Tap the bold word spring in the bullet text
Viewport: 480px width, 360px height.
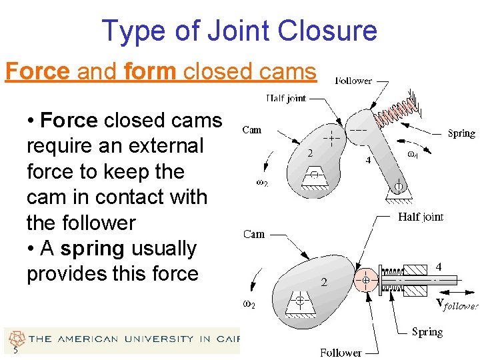point(92,249)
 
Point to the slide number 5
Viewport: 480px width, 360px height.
point(14,351)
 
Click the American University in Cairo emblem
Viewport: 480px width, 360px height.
point(16,337)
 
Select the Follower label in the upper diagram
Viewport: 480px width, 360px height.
point(353,81)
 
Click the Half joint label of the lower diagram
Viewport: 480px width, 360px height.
point(420,217)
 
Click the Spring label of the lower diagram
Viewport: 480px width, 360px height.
point(427,331)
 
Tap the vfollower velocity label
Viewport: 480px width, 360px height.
point(457,304)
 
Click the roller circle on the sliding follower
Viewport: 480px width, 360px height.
point(366,281)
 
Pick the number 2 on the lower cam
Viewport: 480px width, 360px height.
point(325,281)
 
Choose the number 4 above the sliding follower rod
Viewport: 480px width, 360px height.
point(438,266)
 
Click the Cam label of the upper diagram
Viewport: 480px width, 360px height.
point(252,130)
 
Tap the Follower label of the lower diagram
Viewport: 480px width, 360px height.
point(340,353)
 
